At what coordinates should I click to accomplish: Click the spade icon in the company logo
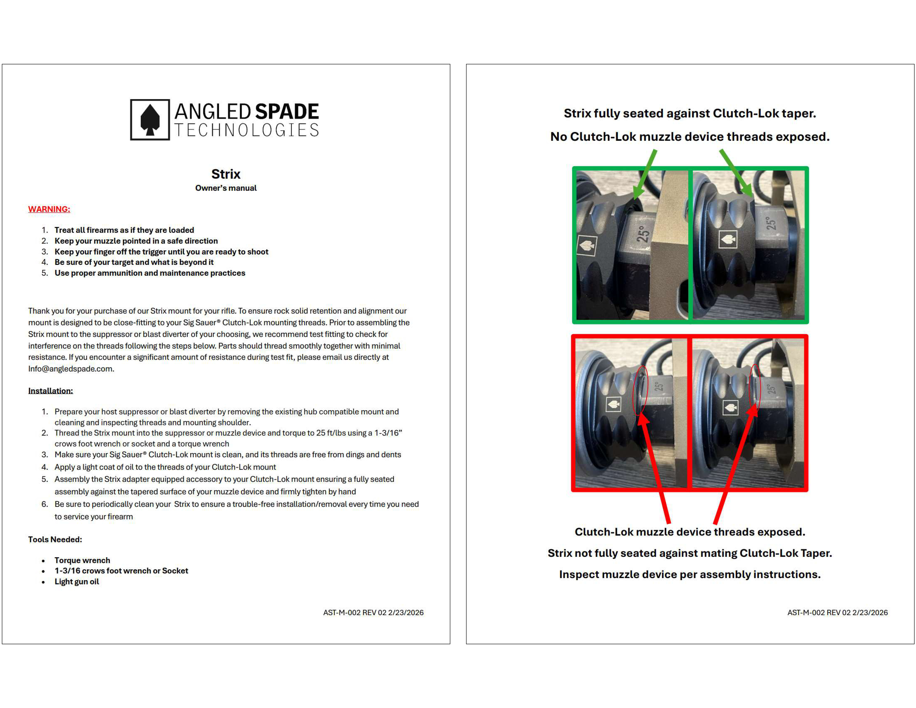click(150, 120)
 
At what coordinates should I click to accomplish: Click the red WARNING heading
click(49, 209)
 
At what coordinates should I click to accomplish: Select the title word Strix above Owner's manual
click(226, 174)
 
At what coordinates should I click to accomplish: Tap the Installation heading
click(50, 391)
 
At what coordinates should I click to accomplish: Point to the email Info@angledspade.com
click(71, 369)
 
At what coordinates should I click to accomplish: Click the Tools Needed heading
click(55, 539)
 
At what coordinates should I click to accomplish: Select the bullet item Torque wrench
click(82, 560)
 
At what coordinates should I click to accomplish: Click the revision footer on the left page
click(373, 612)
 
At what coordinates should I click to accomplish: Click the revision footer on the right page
click(838, 612)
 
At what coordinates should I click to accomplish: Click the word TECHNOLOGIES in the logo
click(247, 130)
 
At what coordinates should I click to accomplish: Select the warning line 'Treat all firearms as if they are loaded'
click(124, 230)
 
